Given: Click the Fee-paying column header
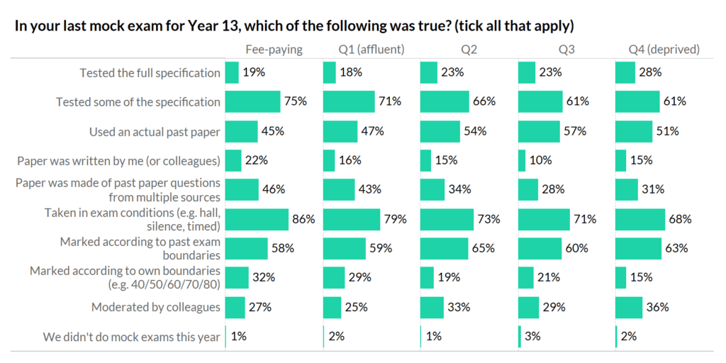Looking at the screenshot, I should click(x=274, y=50).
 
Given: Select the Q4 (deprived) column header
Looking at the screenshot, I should click(x=664, y=50).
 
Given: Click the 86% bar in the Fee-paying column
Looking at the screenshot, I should click(x=257, y=219).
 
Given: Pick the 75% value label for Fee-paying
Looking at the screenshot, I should click(x=295, y=101).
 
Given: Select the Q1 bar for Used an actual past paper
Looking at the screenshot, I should click(x=340, y=131).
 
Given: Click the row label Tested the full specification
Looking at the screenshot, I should click(x=150, y=72).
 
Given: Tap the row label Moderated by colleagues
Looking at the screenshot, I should click(x=156, y=307).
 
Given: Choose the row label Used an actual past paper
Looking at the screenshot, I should click(x=155, y=131).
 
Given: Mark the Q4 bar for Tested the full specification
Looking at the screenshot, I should click(x=625, y=72).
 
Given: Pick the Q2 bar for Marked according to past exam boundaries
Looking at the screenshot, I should click(x=444, y=248).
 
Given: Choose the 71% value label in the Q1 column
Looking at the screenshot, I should click(x=390, y=101).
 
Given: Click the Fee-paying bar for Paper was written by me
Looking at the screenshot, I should click(x=233, y=160).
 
